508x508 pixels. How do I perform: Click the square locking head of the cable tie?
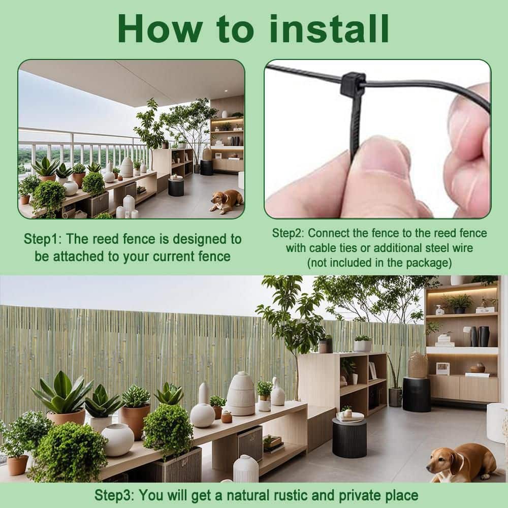point(353,84)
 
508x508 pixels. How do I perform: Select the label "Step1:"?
point(43,239)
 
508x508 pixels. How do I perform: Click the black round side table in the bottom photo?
point(350,437)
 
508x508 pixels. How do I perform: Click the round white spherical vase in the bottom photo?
point(118,440)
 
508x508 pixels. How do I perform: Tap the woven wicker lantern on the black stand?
point(418,365)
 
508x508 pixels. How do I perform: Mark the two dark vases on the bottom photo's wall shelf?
point(480,336)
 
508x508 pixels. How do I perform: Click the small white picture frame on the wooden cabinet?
point(442,369)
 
